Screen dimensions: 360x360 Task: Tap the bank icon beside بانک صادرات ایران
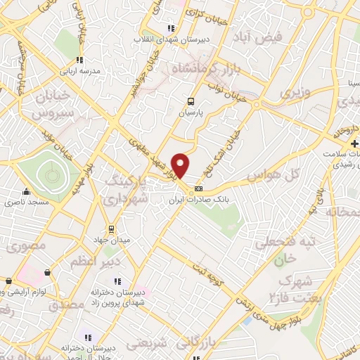(x=198, y=188)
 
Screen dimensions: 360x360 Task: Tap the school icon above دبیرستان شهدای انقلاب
(x=170, y=29)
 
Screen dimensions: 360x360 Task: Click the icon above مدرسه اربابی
(x=79, y=60)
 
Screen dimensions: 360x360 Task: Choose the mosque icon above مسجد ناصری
(x=27, y=191)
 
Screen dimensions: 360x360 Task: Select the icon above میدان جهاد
(x=110, y=229)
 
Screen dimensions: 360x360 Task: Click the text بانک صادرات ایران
(x=203, y=200)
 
